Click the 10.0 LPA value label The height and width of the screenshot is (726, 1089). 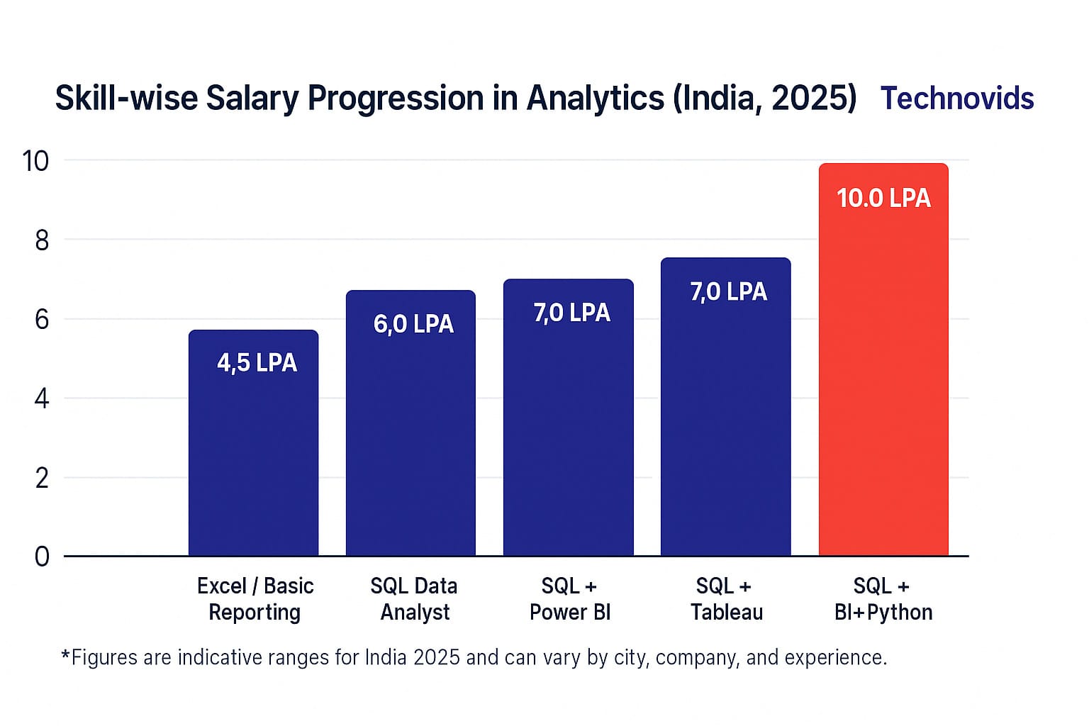(x=883, y=198)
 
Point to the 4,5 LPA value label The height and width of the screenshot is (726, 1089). (x=257, y=363)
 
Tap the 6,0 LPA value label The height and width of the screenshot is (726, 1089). (x=413, y=324)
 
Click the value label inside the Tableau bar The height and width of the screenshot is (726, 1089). (x=728, y=291)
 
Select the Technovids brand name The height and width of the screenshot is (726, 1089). (x=956, y=99)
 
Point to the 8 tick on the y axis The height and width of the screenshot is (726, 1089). (x=42, y=241)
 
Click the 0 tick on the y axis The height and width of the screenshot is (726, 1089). (x=42, y=557)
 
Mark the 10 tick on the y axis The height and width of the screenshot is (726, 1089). (x=35, y=162)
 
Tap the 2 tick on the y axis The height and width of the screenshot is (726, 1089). (x=42, y=479)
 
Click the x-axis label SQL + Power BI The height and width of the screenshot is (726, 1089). (x=569, y=599)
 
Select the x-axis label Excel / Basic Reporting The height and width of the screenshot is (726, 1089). (x=255, y=599)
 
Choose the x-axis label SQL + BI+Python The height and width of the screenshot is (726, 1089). (x=883, y=599)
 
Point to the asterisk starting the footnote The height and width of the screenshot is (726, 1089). (x=65, y=655)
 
